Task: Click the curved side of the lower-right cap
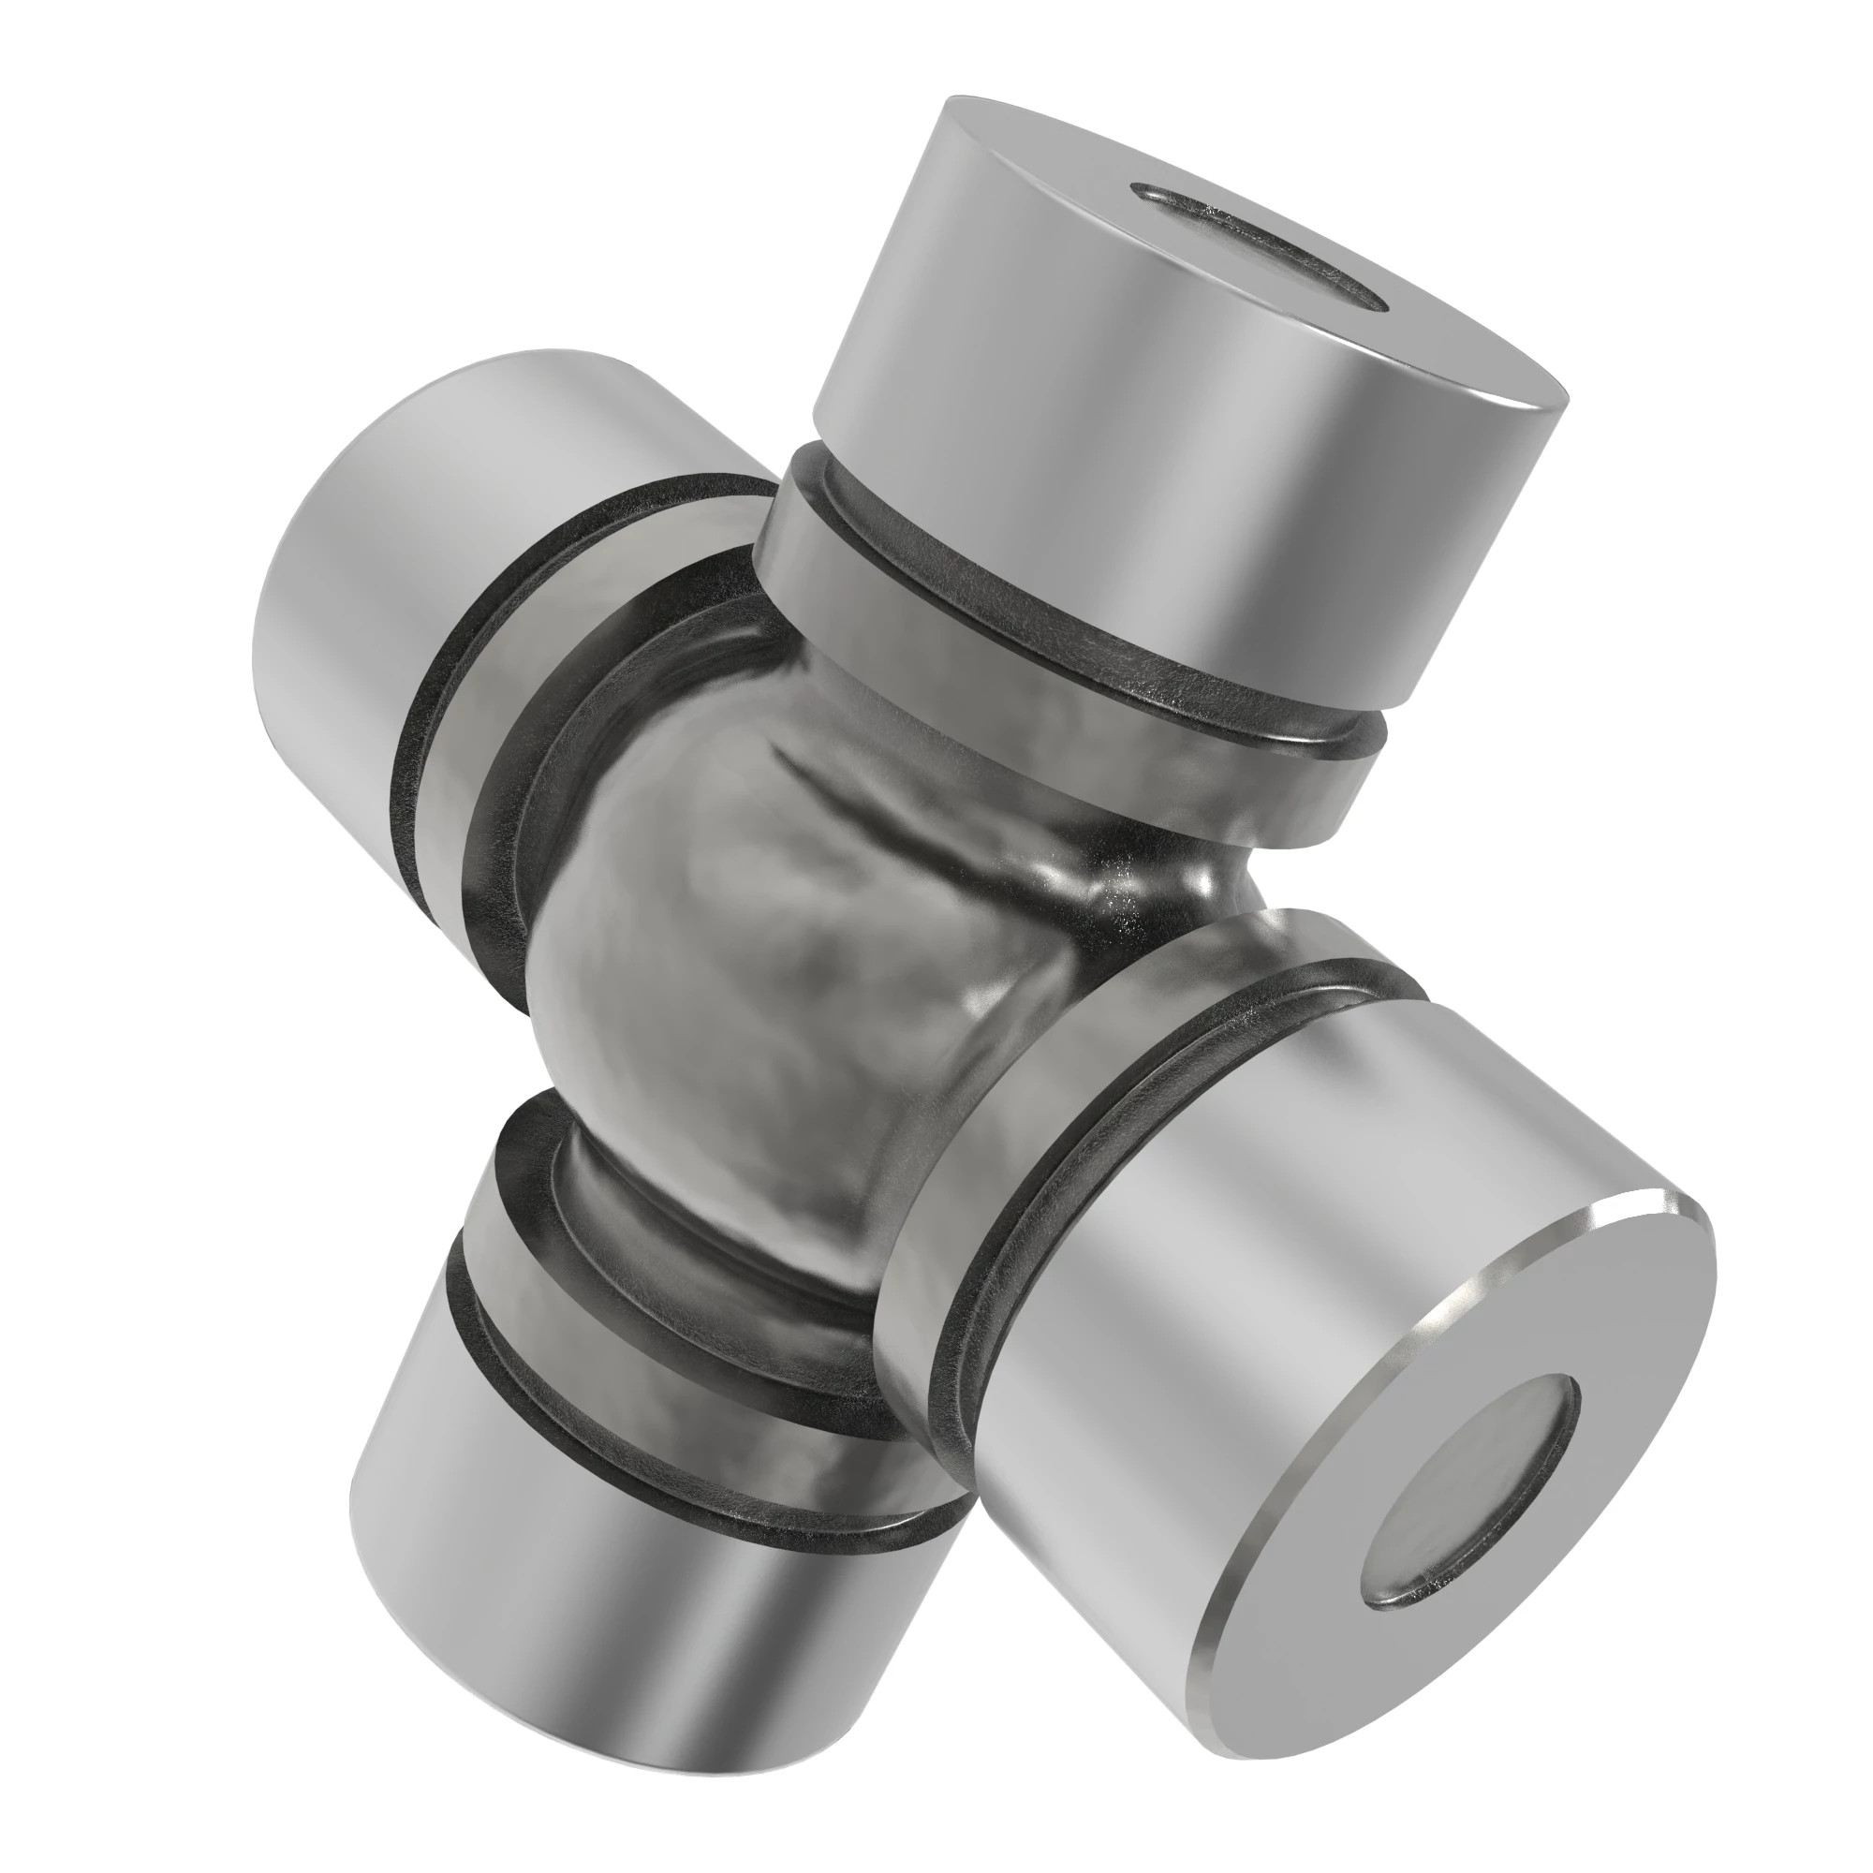click(x=1212, y=1261)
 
